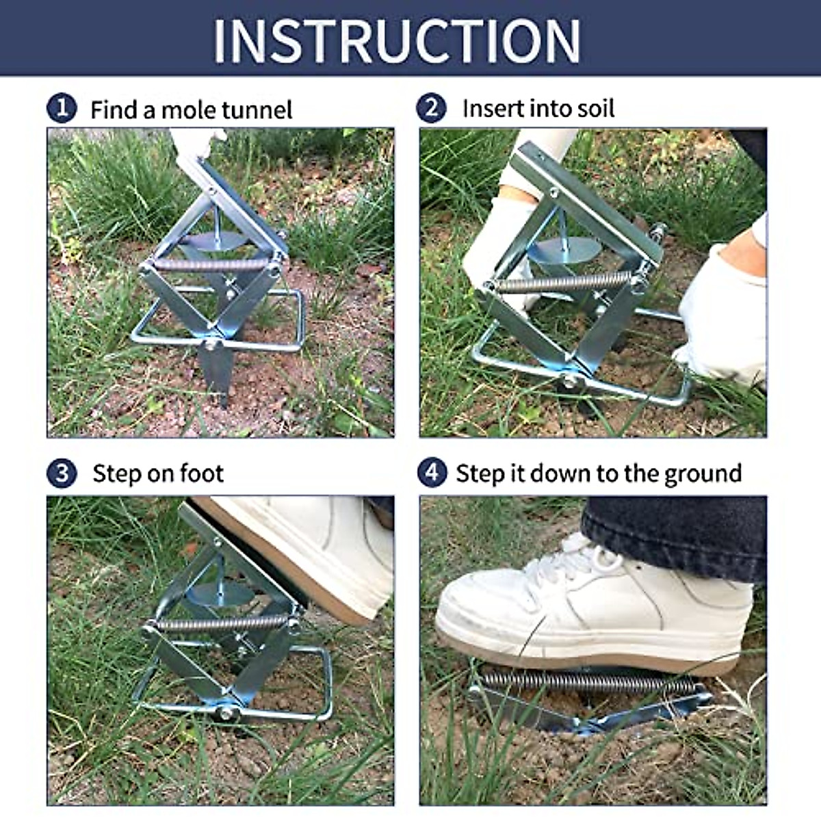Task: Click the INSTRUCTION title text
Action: click(x=397, y=40)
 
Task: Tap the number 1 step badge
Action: click(x=62, y=109)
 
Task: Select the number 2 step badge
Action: click(x=432, y=108)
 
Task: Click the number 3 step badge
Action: click(x=62, y=473)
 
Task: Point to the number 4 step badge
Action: click(x=432, y=473)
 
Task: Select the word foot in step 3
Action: click(x=201, y=473)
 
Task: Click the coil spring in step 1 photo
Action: click(x=209, y=265)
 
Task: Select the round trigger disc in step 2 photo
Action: click(x=562, y=250)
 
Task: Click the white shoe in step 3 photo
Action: click(x=308, y=547)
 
